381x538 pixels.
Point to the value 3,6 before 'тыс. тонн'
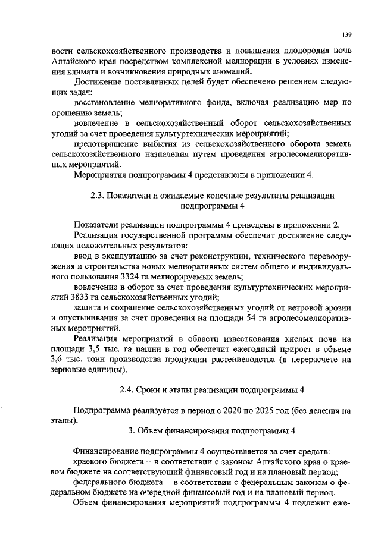click(x=60, y=360)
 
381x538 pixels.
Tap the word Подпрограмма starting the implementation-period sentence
click(x=103, y=411)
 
